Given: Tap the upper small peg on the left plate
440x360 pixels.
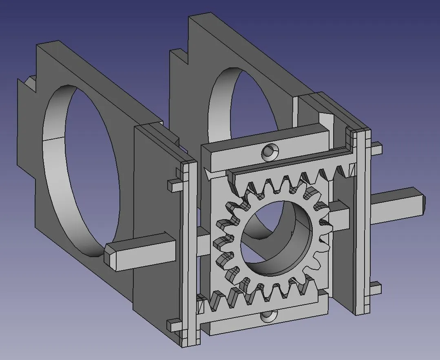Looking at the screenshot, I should pyautogui.click(x=174, y=185).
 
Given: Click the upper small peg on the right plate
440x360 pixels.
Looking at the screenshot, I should pyautogui.click(x=377, y=149).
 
